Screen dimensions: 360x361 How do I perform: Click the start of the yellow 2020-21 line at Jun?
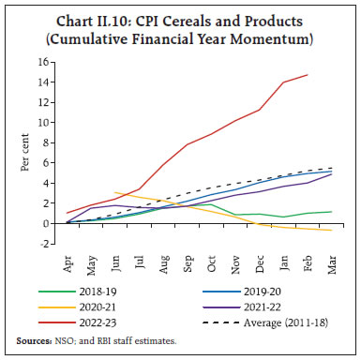[115, 193]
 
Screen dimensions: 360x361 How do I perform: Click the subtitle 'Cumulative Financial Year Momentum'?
[180, 39]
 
